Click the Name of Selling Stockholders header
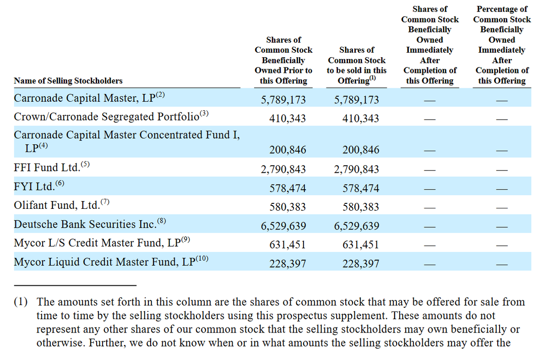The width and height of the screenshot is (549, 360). [x=68, y=81]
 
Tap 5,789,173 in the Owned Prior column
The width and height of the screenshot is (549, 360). [x=283, y=100]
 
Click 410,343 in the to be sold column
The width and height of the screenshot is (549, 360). [x=361, y=119]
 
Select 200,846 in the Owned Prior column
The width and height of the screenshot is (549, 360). [x=288, y=150]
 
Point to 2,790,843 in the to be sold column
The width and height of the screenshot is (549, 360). [x=356, y=169]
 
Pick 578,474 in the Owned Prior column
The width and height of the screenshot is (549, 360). [x=288, y=188]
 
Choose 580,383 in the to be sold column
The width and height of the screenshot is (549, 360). [x=361, y=207]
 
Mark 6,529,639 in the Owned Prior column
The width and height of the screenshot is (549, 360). [x=283, y=226]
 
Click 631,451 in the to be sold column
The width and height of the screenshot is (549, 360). [x=361, y=245]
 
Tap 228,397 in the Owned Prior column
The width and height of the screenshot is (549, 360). [x=288, y=264]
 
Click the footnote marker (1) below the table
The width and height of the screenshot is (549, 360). [x=20, y=302]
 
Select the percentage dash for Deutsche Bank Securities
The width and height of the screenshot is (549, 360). [x=502, y=226]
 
